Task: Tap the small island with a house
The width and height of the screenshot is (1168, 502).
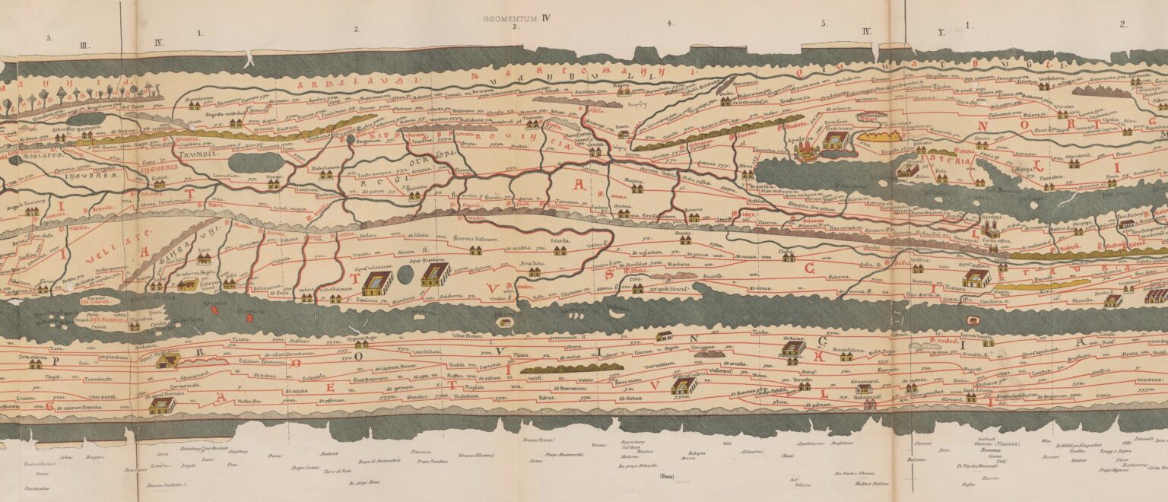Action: point(503,322)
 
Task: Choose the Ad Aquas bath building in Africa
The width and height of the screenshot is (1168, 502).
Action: point(793,348)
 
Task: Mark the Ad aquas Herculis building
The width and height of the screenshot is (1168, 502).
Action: point(161,405)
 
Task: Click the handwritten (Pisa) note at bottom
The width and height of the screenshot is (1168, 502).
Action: point(667,475)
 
